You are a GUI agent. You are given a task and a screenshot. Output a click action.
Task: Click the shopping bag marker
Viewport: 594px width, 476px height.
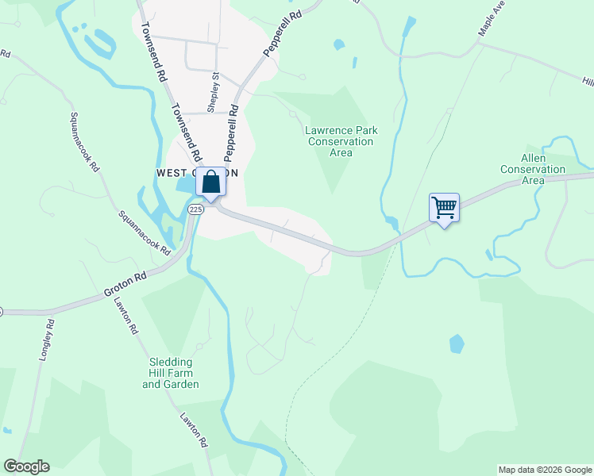pos(212,182)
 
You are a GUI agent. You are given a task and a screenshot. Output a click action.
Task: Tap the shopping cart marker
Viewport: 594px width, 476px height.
pos(445,209)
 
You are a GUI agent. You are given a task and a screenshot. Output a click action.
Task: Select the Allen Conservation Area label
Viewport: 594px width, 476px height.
pos(532,169)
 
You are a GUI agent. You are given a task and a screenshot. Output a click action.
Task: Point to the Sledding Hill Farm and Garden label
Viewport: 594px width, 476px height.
pos(170,373)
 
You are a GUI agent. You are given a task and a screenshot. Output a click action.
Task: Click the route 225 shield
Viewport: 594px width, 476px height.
pos(197,209)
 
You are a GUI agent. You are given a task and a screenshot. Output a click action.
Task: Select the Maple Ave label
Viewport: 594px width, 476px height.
pos(492,21)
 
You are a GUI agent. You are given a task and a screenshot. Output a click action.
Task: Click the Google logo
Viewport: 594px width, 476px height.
pos(26,466)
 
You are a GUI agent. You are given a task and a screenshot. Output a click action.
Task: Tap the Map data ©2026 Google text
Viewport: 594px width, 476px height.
pos(545,470)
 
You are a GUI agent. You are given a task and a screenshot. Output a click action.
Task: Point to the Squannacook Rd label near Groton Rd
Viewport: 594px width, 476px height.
pos(145,232)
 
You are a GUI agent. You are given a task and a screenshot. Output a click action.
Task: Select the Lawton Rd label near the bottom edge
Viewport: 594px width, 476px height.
pos(193,432)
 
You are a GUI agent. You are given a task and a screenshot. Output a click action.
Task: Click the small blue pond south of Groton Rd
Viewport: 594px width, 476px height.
pos(457,344)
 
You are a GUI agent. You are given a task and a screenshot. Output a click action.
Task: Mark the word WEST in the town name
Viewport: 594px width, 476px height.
pos(172,172)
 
